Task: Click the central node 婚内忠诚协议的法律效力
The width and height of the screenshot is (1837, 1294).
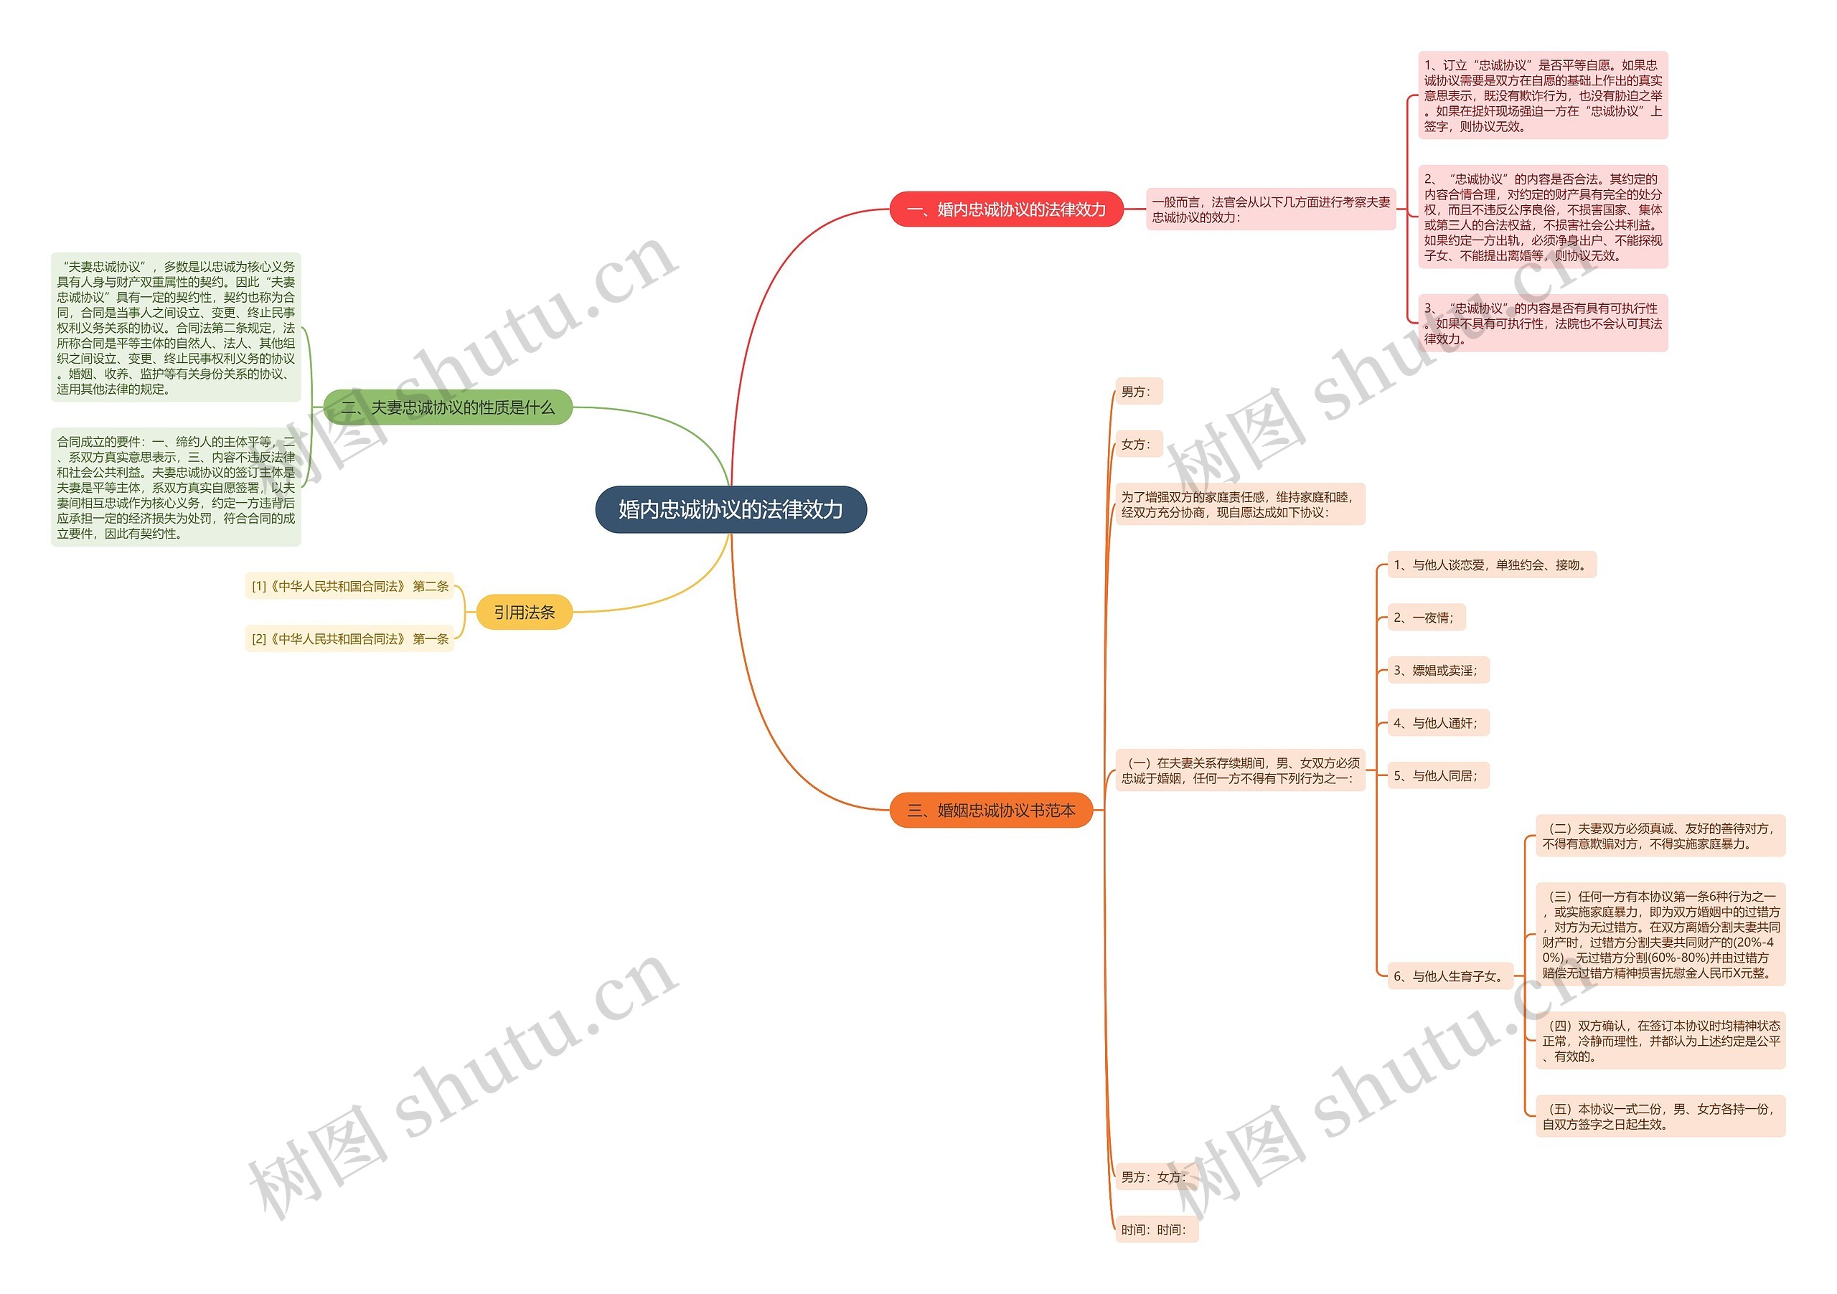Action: tap(730, 509)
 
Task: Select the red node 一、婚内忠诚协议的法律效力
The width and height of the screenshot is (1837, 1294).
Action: tap(1006, 209)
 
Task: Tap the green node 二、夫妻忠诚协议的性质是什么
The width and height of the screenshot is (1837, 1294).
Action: tap(447, 408)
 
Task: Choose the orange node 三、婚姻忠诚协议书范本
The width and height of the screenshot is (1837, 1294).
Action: tap(990, 810)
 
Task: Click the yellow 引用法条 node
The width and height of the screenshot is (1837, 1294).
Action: tap(524, 613)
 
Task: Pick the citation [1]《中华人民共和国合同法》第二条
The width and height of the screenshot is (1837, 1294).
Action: tap(349, 586)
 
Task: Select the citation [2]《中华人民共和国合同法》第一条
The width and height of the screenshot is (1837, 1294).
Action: tap(349, 639)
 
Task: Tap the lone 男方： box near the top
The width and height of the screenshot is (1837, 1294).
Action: tap(1137, 392)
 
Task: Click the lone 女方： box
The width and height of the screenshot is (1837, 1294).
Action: tap(1137, 445)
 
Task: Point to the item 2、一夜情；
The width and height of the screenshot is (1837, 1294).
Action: tap(1425, 618)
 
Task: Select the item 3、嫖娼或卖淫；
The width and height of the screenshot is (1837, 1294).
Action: tap(1437, 670)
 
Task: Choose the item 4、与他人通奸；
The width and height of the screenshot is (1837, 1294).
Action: tap(1437, 723)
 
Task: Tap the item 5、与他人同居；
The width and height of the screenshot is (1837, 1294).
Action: tap(1437, 776)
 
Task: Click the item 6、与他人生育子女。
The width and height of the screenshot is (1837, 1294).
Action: tap(1449, 976)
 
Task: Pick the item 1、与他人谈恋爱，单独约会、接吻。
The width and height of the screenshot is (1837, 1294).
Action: tap(1490, 565)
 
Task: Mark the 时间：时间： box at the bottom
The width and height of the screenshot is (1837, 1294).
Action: tap(1155, 1230)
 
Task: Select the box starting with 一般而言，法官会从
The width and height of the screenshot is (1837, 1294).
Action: tap(1271, 209)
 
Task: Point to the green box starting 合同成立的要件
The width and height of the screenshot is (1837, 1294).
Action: tap(175, 487)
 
